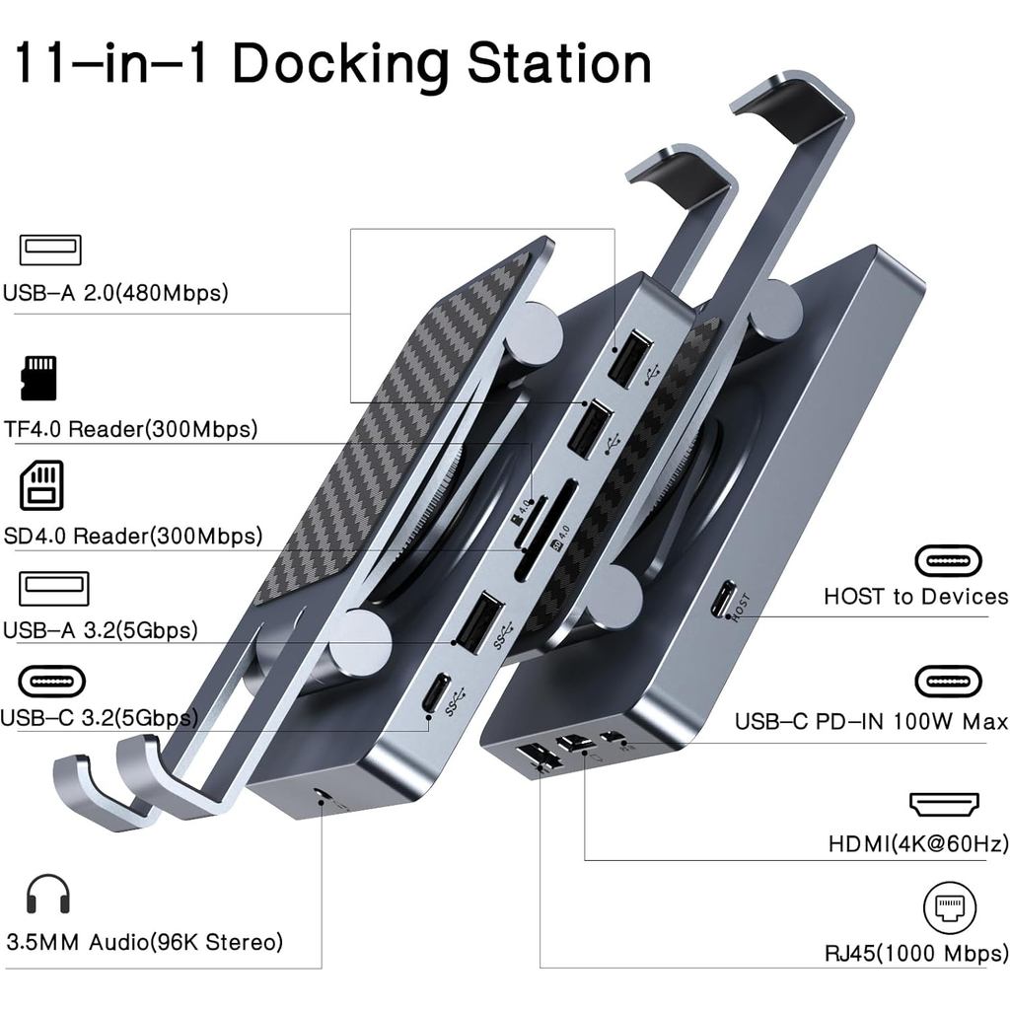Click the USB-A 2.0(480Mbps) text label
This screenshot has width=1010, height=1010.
(x=114, y=293)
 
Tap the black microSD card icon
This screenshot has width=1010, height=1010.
(x=38, y=378)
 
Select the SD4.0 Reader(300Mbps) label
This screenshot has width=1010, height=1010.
(x=131, y=537)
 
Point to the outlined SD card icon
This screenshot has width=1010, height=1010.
(x=41, y=485)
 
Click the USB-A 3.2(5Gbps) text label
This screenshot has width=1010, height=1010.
(x=100, y=630)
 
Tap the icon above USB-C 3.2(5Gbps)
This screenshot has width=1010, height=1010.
(x=52, y=682)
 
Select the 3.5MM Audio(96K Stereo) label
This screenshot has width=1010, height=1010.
(x=144, y=942)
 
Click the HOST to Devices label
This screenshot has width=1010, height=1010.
(x=915, y=597)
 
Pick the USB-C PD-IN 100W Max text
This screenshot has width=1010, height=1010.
(x=871, y=722)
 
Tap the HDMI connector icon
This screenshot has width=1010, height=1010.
(x=944, y=804)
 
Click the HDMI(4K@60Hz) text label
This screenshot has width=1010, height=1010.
(x=918, y=844)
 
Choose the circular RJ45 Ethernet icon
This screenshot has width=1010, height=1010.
(x=949, y=908)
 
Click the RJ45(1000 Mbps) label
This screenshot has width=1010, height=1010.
(x=916, y=954)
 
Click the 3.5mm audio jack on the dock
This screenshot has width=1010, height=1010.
(x=322, y=795)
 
